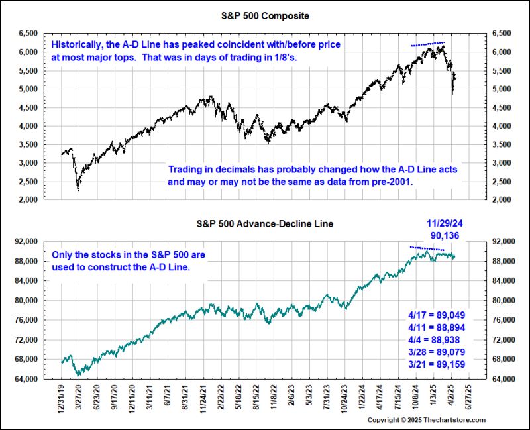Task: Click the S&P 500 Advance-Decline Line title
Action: click(x=264, y=224)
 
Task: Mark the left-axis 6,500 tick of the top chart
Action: click(x=28, y=32)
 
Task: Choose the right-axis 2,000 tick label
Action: click(x=502, y=199)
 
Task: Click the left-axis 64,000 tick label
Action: click(x=26, y=379)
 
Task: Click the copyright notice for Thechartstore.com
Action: click(x=426, y=420)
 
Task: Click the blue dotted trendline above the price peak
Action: click(x=427, y=44)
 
